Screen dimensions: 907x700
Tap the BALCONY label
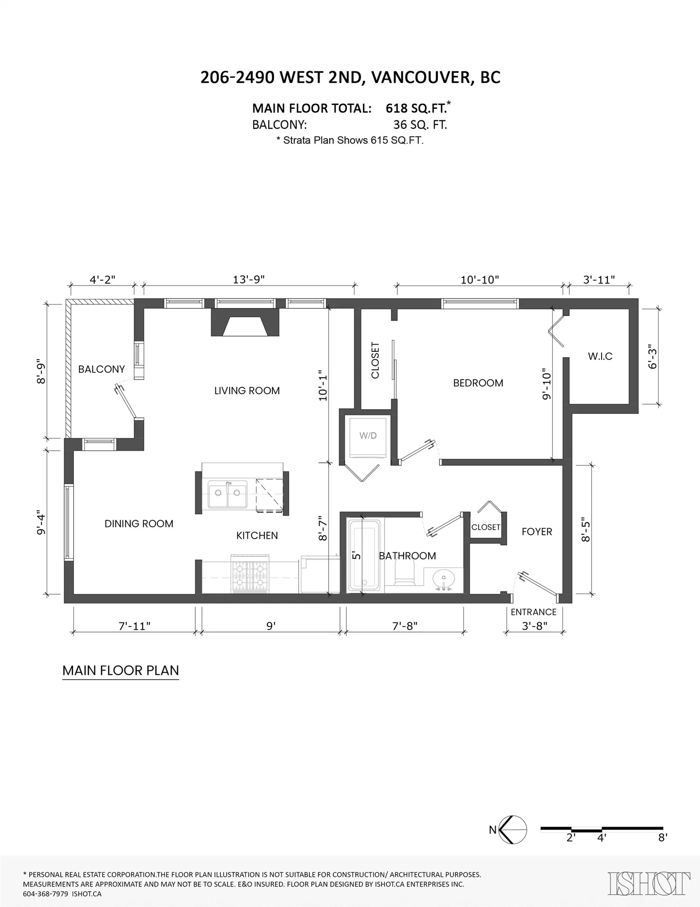click(101, 369)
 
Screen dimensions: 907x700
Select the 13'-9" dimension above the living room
click(248, 280)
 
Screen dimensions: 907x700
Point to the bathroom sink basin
click(444, 579)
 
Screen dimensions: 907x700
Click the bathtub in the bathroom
click(364, 555)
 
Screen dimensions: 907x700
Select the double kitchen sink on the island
click(227, 494)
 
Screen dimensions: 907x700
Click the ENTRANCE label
click(533, 612)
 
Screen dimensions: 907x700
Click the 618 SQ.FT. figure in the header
click(416, 108)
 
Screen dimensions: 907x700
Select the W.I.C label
click(600, 356)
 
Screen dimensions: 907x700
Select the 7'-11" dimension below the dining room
click(135, 626)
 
